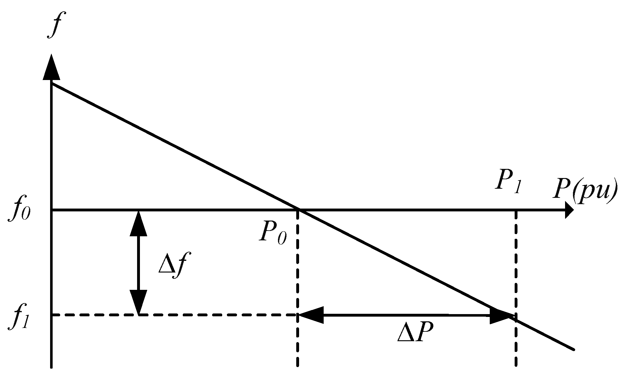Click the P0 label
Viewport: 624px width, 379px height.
click(x=273, y=233)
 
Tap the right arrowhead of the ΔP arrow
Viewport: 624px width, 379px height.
click(x=501, y=315)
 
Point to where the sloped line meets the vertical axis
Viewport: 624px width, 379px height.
click(x=51, y=83)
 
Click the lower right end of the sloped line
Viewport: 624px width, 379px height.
click(x=574, y=349)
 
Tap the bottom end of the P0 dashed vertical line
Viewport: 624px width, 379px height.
click(x=298, y=365)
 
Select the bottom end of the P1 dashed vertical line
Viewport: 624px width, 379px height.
click(x=516, y=365)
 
